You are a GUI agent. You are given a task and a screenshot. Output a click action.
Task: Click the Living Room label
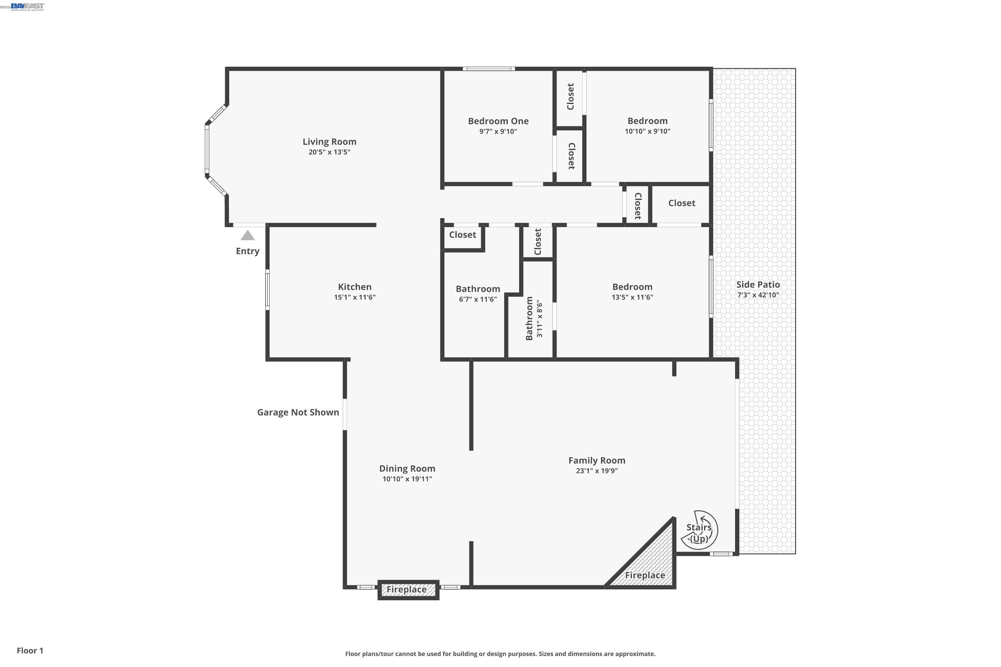pyautogui.click(x=329, y=142)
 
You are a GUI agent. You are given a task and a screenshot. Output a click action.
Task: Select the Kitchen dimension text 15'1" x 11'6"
pyautogui.click(x=354, y=297)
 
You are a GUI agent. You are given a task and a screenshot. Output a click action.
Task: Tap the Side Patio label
pyautogui.click(x=758, y=284)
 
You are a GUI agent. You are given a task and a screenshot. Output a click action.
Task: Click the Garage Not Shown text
pyautogui.click(x=298, y=412)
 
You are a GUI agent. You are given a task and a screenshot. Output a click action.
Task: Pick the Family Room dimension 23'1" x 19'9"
pyautogui.click(x=597, y=471)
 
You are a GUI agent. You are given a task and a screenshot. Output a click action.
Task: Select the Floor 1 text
pyautogui.click(x=30, y=650)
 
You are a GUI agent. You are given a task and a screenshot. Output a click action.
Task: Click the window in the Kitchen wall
pyautogui.click(x=267, y=289)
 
